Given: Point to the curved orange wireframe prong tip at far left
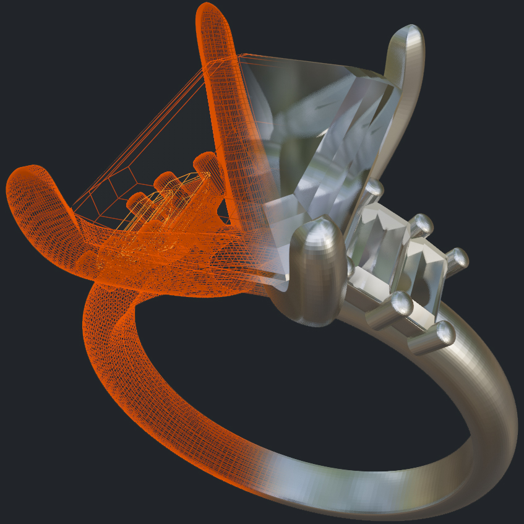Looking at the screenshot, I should point(25,176).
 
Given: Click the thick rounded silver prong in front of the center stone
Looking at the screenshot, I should point(317,266).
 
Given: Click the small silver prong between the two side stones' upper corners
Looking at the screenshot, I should point(421,224).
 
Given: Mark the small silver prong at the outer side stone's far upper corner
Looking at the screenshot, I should point(458,258).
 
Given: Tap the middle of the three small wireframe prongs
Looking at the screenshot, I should point(166,181).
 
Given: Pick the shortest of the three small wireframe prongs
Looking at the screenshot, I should point(137,200).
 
